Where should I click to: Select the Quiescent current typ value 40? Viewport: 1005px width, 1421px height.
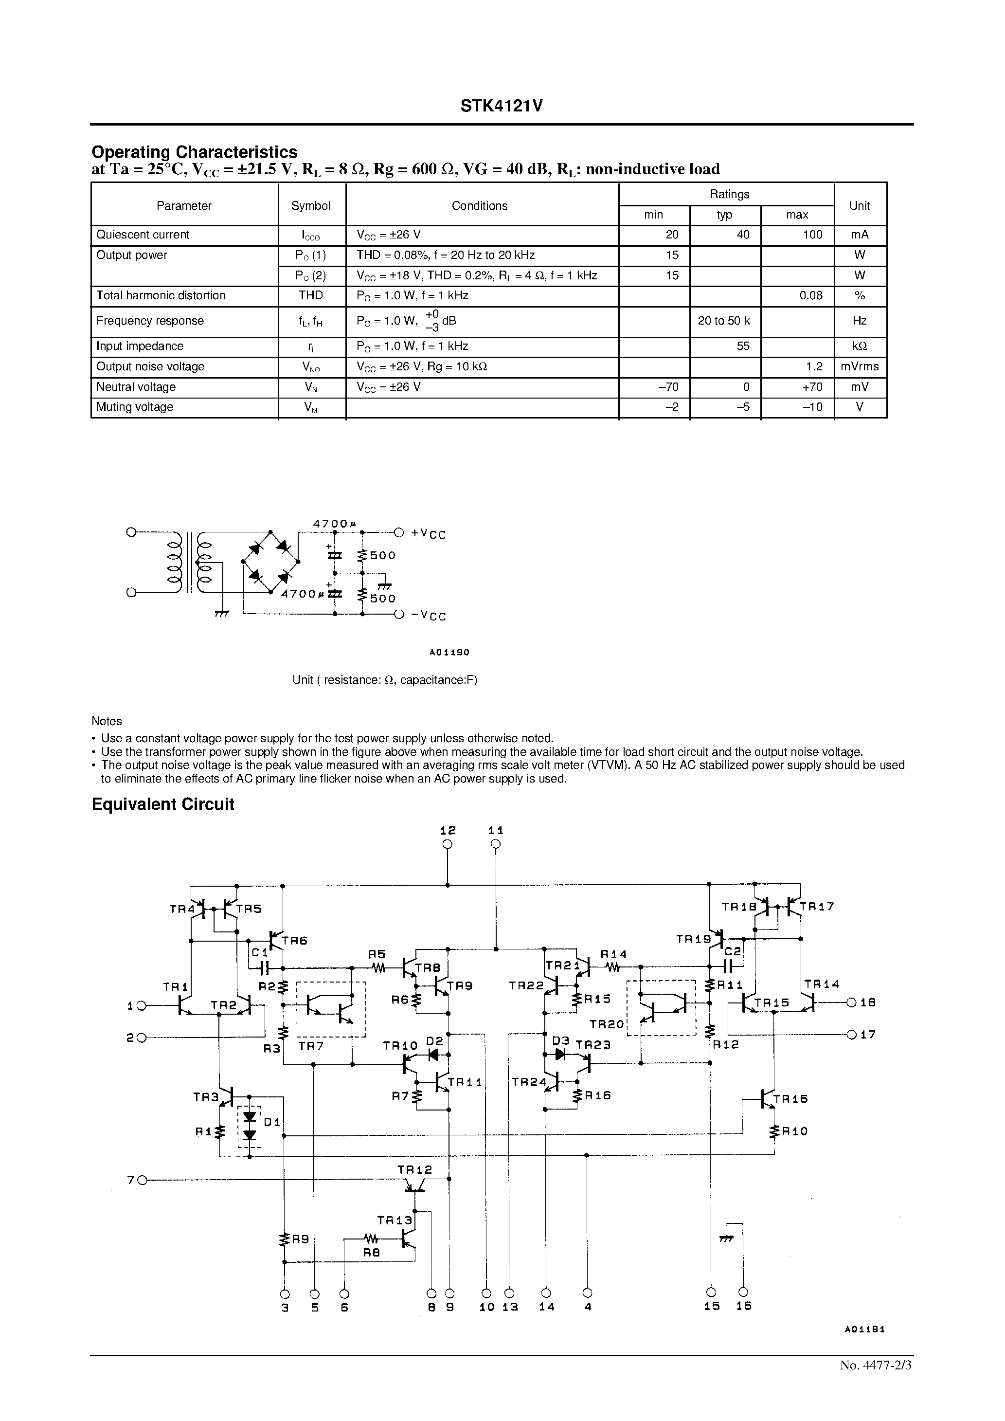click(x=743, y=235)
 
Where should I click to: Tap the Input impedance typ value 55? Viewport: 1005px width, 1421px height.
click(x=743, y=346)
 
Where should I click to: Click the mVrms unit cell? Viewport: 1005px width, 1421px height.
click(x=859, y=366)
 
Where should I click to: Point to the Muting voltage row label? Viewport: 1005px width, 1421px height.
click(x=135, y=407)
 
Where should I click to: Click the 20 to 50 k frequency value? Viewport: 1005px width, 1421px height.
click(x=723, y=321)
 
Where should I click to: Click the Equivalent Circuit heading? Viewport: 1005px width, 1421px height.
click(x=163, y=804)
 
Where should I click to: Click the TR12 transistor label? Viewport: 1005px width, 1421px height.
click(x=414, y=1170)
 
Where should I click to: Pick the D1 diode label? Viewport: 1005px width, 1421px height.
click(x=271, y=1123)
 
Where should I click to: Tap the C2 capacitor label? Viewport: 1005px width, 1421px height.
click(x=733, y=951)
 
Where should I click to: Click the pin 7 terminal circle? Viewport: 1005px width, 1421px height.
click(x=142, y=1180)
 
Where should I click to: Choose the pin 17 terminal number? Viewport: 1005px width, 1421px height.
click(x=868, y=1034)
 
